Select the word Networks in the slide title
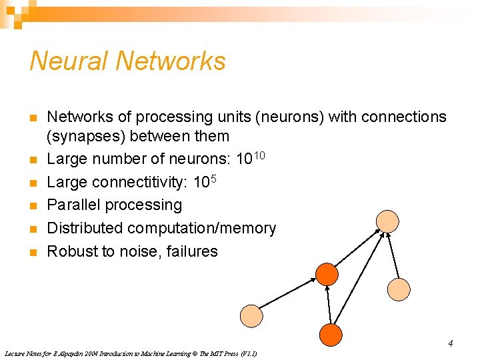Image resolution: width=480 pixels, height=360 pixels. click(171, 61)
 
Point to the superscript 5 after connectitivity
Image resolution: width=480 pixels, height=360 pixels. click(213, 179)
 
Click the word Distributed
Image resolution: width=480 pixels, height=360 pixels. click(85, 229)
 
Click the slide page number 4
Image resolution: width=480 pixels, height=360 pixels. click(451, 344)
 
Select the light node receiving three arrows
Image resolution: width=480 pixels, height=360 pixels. click(387, 221)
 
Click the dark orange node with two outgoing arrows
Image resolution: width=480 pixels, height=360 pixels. click(331, 335)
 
